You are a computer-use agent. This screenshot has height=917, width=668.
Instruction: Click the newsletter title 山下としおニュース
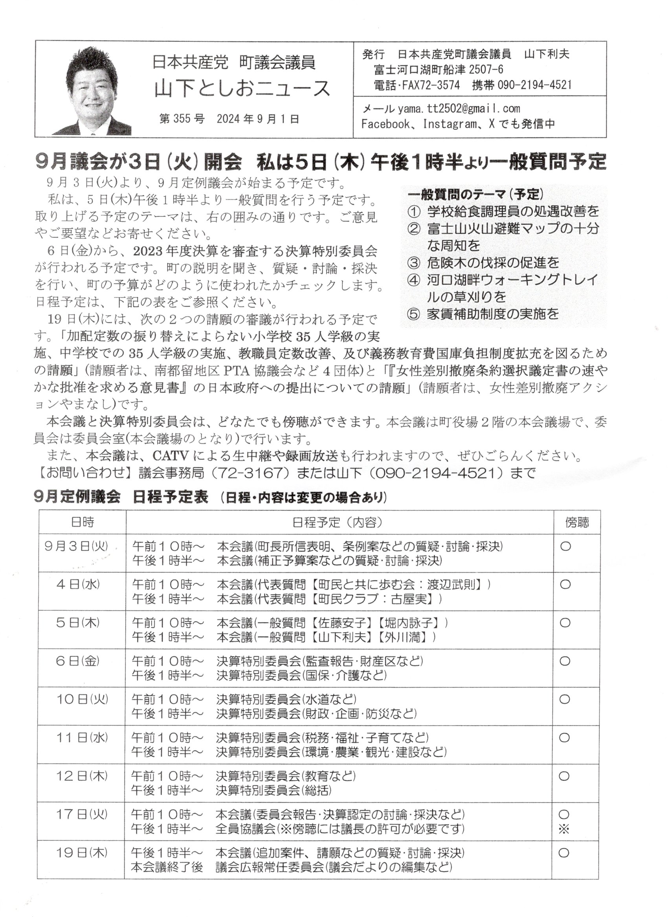(242, 88)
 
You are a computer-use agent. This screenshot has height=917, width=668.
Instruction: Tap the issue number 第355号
(182, 119)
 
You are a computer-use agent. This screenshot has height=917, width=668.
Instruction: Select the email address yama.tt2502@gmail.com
(459, 109)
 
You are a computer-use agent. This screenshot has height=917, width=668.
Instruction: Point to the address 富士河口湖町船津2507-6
(439, 70)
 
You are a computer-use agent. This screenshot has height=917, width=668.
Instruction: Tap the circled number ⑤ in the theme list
(413, 314)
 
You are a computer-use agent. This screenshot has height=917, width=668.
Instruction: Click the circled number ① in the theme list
(414, 211)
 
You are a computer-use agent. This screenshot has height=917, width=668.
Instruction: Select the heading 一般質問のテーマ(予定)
(475, 194)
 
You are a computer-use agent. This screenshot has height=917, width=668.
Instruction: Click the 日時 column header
(82, 522)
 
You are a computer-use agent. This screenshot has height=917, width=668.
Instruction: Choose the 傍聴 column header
(577, 523)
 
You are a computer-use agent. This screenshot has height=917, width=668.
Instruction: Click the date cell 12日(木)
(82, 776)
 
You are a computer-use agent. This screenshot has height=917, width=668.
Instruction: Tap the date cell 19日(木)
(82, 853)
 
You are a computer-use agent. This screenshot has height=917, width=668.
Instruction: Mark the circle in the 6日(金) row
(565, 661)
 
